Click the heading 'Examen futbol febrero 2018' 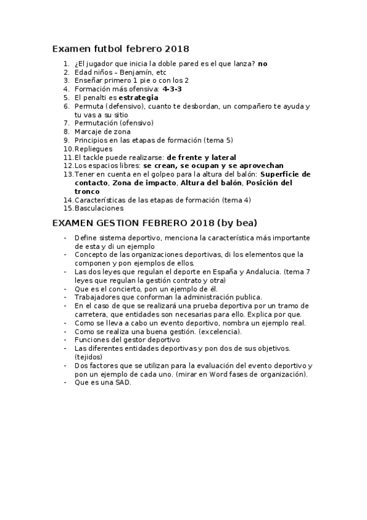click(120, 48)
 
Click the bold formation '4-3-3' click(172, 89)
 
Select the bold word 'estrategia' click(138, 97)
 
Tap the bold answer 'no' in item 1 click(262, 63)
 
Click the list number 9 click(67, 140)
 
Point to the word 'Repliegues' click(94, 149)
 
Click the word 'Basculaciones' click(99, 208)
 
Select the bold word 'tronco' click(87, 191)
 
